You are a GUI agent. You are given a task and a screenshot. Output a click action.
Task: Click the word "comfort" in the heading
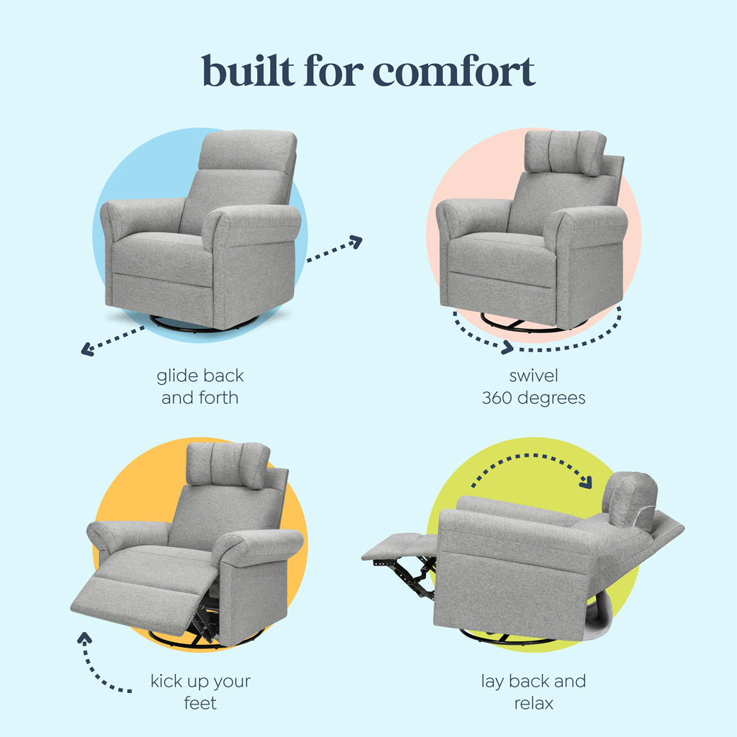[454, 72]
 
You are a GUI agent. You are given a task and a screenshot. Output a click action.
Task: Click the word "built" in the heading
[248, 72]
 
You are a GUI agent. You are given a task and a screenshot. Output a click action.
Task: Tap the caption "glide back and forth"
[200, 386]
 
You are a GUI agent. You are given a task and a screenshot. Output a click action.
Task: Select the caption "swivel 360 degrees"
[534, 386]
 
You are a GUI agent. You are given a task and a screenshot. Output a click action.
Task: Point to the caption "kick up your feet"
[200, 692]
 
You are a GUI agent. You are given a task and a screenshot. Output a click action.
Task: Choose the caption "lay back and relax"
[534, 692]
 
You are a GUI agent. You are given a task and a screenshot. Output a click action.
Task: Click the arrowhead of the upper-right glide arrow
[356, 242]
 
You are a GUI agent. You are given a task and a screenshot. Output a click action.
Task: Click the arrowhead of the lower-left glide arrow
[87, 349]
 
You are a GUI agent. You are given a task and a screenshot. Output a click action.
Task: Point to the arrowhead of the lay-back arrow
[586, 483]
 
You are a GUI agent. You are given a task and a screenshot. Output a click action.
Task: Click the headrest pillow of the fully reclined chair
[629, 500]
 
